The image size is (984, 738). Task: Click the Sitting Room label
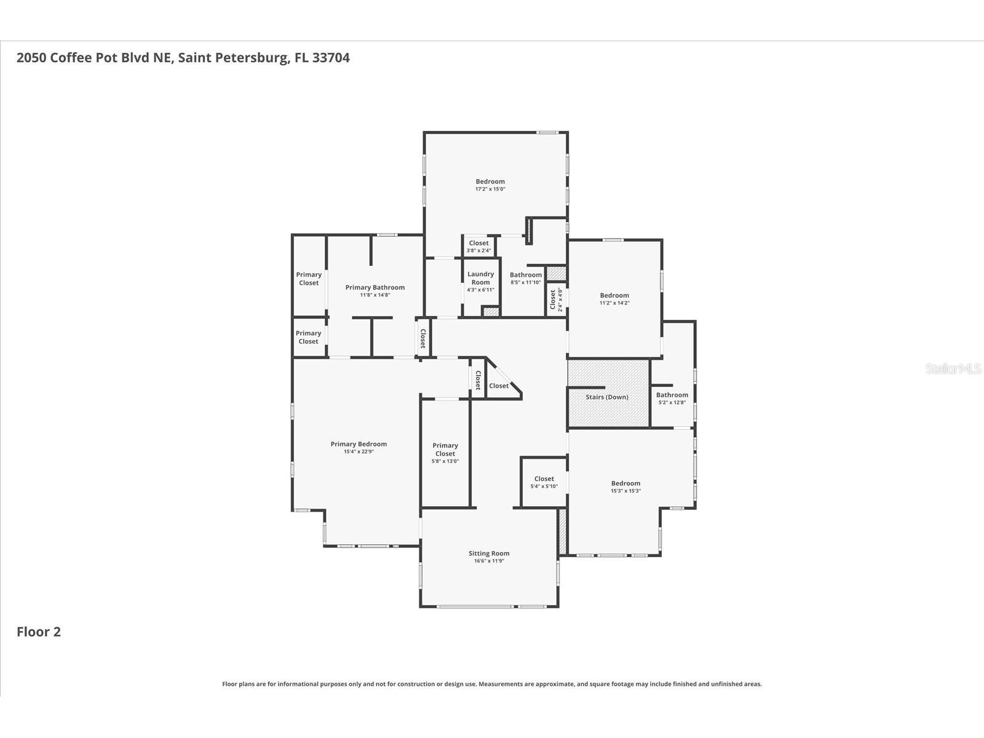pyautogui.click(x=489, y=553)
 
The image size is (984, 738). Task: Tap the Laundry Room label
pyautogui.click(x=480, y=278)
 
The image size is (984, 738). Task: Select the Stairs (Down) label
pyautogui.click(x=607, y=397)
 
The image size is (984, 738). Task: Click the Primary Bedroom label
pyautogui.click(x=359, y=444)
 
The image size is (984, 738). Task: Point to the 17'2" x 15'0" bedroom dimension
pyautogui.click(x=490, y=189)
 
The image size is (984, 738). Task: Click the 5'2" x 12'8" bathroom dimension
pyautogui.click(x=672, y=403)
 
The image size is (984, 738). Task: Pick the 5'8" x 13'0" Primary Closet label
pyautogui.click(x=445, y=450)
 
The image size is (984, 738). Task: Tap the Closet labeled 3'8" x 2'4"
pyautogui.click(x=478, y=243)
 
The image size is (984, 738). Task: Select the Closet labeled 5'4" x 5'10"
pyautogui.click(x=544, y=478)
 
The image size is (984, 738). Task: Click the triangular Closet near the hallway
pyautogui.click(x=499, y=386)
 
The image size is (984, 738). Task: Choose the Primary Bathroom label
pyautogui.click(x=375, y=287)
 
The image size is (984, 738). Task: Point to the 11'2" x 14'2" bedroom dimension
pyautogui.click(x=614, y=303)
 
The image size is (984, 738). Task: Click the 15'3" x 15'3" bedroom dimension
pyautogui.click(x=625, y=491)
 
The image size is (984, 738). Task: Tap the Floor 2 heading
pyautogui.click(x=39, y=632)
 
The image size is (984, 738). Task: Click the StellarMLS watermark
pyautogui.click(x=953, y=369)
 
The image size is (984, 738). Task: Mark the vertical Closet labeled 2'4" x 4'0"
pyautogui.click(x=553, y=300)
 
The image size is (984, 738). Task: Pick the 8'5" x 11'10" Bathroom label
pyautogui.click(x=526, y=275)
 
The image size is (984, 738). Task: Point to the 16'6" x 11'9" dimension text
pyautogui.click(x=489, y=561)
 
